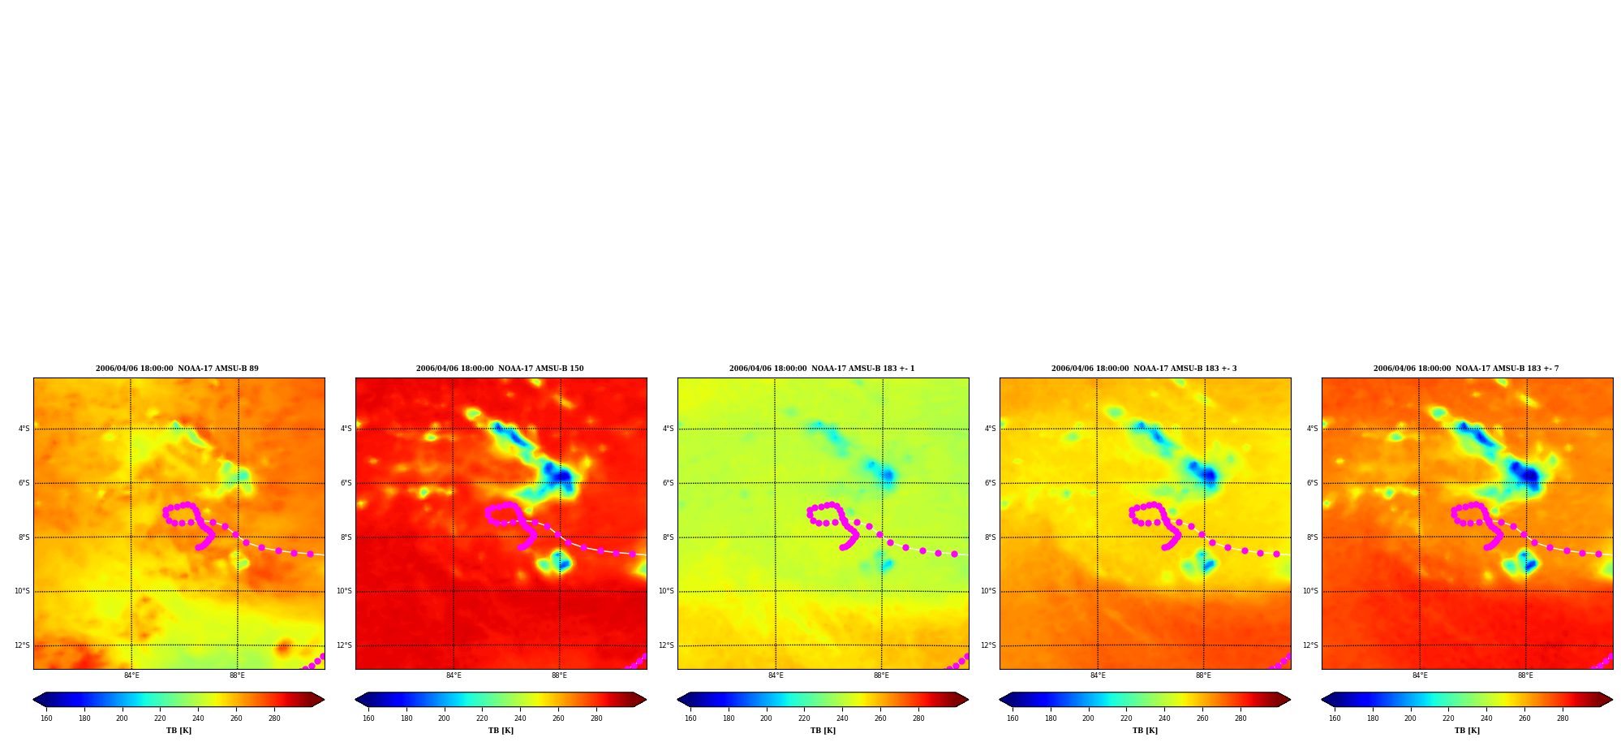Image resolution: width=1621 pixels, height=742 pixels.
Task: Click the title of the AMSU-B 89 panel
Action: (x=177, y=369)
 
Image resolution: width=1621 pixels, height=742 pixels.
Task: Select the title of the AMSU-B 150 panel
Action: (x=500, y=369)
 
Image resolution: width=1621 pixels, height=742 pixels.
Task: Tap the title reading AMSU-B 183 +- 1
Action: (x=822, y=369)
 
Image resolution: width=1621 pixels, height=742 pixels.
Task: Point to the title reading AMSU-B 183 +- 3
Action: (x=1144, y=369)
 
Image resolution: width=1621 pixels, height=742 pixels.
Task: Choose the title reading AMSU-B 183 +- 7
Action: (x=1466, y=369)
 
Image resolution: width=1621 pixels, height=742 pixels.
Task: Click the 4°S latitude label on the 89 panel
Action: (x=24, y=429)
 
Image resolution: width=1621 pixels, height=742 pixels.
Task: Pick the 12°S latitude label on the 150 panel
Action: (x=344, y=645)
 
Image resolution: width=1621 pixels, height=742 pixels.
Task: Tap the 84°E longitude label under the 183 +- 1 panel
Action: (x=776, y=675)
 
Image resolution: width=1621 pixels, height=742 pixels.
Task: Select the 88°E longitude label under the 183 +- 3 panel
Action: (x=1203, y=675)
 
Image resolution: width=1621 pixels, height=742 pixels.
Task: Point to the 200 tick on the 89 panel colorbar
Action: (x=122, y=718)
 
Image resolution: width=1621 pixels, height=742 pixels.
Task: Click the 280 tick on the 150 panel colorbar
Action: (x=596, y=718)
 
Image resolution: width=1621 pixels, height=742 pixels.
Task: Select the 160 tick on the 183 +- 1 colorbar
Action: (x=690, y=718)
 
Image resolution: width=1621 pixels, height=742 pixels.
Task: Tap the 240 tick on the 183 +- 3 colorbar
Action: (x=1164, y=718)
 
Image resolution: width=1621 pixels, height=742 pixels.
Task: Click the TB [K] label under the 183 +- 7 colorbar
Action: (x=1467, y=731)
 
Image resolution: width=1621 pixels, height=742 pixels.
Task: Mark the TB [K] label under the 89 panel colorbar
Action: (x=178, y=731)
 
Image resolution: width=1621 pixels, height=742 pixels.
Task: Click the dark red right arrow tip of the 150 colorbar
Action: (x=646, y=700)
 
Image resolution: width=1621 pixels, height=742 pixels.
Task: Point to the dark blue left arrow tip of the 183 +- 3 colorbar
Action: (x=1000, y=700)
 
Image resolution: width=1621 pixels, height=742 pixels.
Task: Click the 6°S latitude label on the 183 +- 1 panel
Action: (x=669, y=483)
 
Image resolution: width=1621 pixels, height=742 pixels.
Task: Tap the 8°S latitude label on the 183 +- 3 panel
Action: (x=991, y=537)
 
